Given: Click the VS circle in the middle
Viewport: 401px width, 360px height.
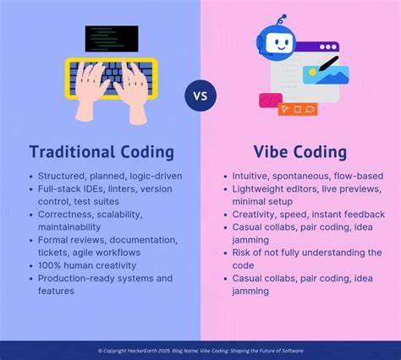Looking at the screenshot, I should [200, 95].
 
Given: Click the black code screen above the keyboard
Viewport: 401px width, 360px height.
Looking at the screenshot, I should [111, 38].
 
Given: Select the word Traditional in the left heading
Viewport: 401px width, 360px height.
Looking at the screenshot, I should [72, 152].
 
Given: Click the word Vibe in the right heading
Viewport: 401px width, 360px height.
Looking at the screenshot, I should [272, 152].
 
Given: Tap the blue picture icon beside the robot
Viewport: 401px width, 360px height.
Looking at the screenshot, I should [326, 74].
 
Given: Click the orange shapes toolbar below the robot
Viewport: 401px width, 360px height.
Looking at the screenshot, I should [298, 109].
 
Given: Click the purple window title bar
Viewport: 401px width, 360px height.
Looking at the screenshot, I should [316, 46].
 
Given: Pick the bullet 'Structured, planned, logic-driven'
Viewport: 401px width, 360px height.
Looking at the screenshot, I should [109, 176].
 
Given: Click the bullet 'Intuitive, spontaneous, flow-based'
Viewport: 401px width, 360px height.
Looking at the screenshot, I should [307, 176].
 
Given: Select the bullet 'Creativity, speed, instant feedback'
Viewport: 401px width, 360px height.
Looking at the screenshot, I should [308, 214].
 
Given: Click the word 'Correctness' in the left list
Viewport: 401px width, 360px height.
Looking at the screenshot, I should [66, 214].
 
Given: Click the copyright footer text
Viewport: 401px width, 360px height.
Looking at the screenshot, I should [200, 351].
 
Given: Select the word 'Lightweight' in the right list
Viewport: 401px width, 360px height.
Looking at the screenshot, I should [260, 188].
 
